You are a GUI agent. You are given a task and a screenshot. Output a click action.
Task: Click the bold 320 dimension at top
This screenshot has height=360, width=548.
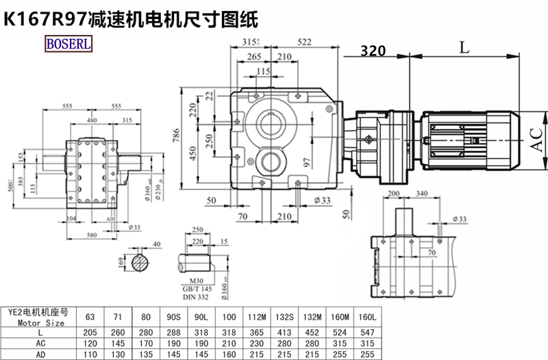click(x=372, y=50)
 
